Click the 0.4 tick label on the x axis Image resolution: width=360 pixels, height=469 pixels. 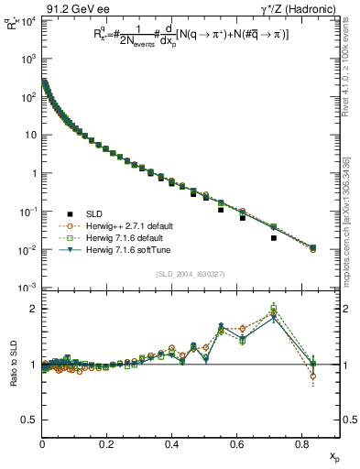coord(171,442)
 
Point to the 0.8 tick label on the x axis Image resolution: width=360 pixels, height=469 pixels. coord(300,442)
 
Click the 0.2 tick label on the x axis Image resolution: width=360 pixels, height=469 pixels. coord(106,442)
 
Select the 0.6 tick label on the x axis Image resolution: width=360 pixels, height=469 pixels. coord(236,442)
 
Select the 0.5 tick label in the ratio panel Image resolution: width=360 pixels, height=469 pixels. coord(30,420)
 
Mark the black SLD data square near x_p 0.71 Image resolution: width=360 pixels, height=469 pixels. coord(274,238)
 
